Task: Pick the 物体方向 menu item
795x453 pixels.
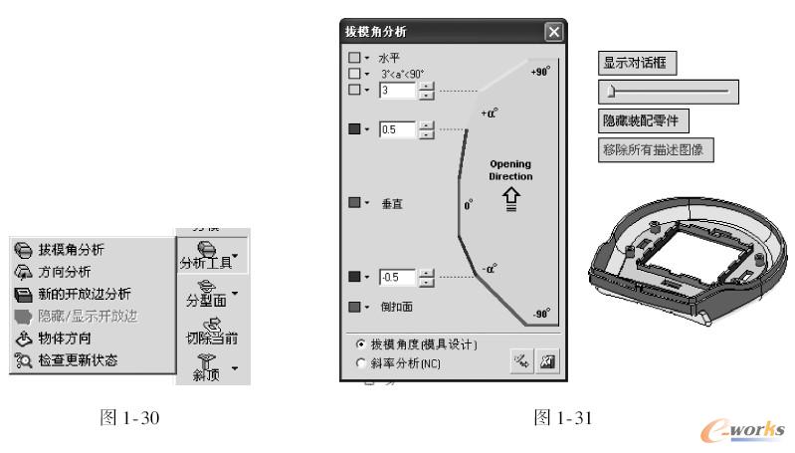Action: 64,339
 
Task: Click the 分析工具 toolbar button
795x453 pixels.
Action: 211,255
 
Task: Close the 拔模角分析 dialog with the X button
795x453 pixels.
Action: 553,33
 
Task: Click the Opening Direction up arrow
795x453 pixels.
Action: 509,198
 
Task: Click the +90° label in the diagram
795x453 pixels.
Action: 540,73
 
